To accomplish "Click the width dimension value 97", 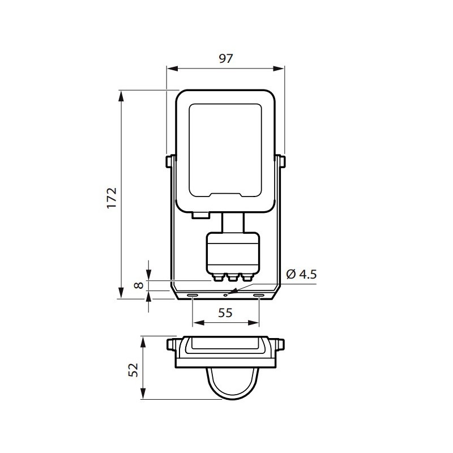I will (225, 58).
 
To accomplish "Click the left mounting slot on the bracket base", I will (193, 296).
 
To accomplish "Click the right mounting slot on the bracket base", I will (258, 296).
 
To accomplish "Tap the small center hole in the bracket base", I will (225, 294).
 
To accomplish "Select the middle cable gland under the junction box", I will (231, 277).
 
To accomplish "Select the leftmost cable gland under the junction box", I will (218, 277).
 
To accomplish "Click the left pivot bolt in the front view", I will (169, 161).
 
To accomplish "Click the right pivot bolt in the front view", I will (281, 161).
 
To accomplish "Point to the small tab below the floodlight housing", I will (200, 215).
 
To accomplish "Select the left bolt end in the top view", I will (171, 344).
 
